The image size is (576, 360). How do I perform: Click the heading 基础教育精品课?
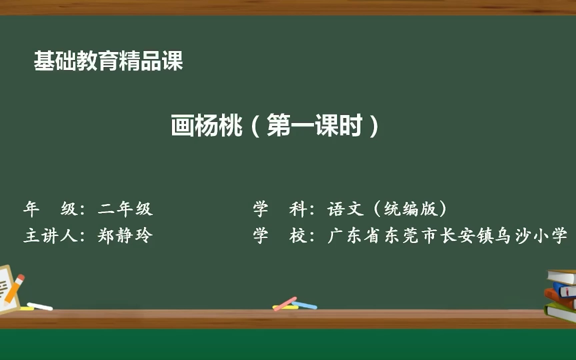(108, 61)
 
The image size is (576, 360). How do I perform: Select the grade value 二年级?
(125, 209)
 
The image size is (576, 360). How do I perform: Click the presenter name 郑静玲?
(125, 236)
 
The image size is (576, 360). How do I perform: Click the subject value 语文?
(345, 209)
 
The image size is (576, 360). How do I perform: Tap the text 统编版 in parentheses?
(411, 209)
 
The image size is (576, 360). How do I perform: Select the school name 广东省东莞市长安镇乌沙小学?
(447, 236)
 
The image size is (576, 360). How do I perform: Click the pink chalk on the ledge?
(285, 304)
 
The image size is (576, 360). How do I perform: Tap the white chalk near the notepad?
(40, 306)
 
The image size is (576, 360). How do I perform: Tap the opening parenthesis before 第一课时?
(255, 126)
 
